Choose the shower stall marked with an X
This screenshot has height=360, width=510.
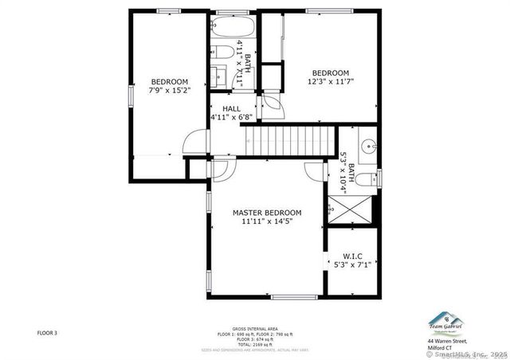pos(347,209)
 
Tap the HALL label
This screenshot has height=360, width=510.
pos(232,109)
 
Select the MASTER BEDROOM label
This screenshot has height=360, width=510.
pos(267,213)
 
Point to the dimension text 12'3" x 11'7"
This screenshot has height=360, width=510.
pos(330,81)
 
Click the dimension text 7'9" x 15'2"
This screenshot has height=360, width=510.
pos(169,91)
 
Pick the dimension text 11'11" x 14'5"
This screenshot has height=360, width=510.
pos(267,222)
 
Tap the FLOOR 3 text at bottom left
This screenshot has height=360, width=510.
pos(47,332)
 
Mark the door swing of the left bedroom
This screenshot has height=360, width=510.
pos(192,142)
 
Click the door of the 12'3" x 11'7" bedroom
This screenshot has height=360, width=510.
pos(272,104)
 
